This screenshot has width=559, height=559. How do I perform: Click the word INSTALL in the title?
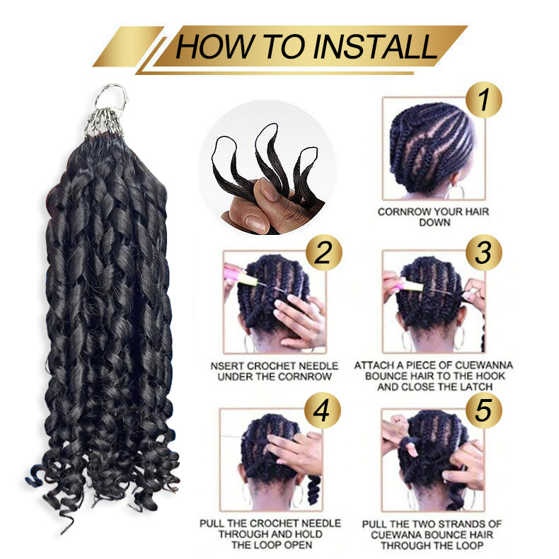[375, 46]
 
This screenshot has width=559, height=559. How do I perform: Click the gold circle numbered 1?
[484, 100]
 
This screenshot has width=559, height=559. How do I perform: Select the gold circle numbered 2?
[323, 253]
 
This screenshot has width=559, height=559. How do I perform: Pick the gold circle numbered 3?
[484, 253]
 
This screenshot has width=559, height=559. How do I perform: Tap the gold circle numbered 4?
[322, 410]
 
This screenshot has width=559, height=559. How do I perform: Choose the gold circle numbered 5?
[484, 410]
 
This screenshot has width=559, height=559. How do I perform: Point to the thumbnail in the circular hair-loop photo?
[256, 223]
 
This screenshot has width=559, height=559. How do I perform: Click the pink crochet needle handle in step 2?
[235, 272]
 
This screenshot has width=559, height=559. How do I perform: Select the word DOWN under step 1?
[434, 222]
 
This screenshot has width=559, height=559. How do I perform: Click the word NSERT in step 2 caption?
[226, 366]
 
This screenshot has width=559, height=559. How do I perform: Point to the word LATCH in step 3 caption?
[476, 387]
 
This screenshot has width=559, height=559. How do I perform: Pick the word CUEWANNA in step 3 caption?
[484, 365]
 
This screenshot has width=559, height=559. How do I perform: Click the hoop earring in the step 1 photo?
[456, 192]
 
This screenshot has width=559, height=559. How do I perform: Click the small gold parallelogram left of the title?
[128, 47]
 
